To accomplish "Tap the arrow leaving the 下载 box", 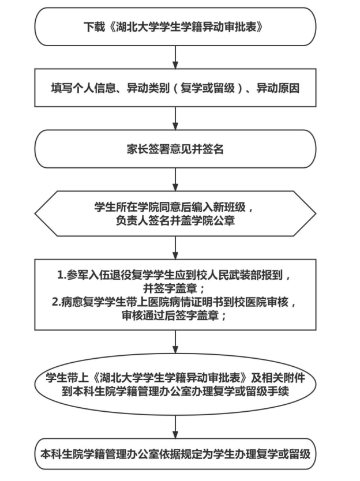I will point(175,56).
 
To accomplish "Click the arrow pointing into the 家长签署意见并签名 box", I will point(175,120).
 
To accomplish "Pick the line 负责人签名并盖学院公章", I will point(175,219).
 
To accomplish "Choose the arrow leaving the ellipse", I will point(175,423).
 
